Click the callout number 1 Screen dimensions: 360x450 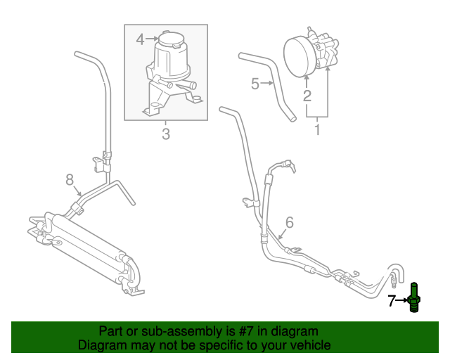point(317,129)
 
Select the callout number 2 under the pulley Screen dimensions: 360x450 point(307,96)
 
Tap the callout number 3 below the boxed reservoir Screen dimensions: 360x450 point(166,133)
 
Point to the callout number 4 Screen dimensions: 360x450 point(140,39)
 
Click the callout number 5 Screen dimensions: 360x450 point(255,84)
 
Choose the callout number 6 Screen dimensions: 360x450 point(289,224)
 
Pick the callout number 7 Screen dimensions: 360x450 point(392,302)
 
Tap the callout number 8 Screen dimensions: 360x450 point(70,181)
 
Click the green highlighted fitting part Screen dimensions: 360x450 point(415,299)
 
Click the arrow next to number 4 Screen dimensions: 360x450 point(152,39)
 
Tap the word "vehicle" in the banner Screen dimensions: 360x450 point(308,345)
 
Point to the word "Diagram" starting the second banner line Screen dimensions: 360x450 point(103,345)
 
